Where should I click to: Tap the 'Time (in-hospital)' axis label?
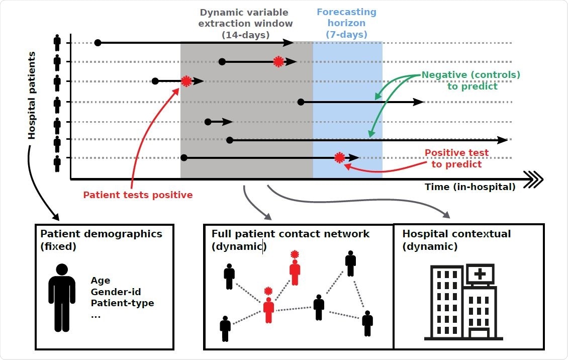tap(470, 187)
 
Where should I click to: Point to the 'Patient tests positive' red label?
tap(138, 195)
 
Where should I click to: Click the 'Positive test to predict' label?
tap(456, 158)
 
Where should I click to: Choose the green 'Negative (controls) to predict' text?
tap(471, 80)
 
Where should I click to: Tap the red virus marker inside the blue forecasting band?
tap(340, 158)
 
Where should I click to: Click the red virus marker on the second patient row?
tap(278, 62)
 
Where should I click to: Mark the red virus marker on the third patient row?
tap(186, 81)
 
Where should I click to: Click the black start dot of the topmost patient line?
tap(98, 43)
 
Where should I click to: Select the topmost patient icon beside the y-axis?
tap(57, 42)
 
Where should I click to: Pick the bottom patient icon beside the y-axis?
tap(57, 163)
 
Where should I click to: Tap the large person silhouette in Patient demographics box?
tap(62, 296)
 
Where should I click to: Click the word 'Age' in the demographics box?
tap(101, 281)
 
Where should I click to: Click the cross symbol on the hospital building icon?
tap(480, 274)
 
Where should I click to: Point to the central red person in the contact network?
tap(268, 309)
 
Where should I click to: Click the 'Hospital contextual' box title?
tap(456, 234)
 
